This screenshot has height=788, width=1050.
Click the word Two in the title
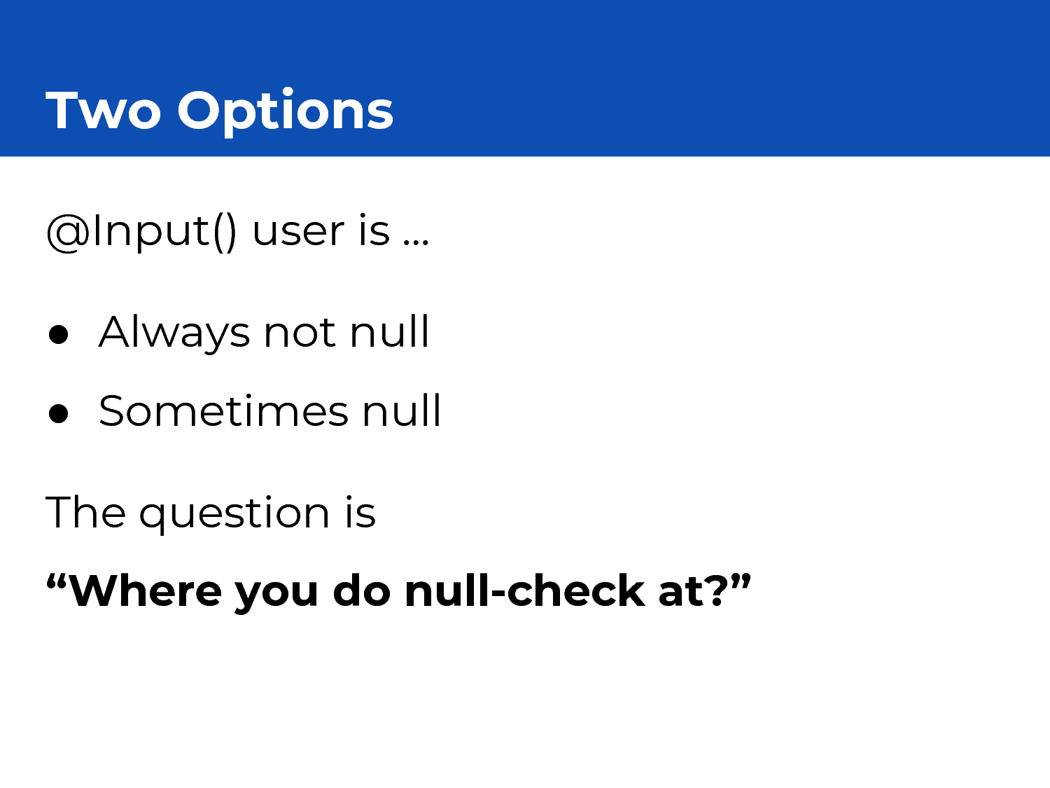click(x=104, y=110)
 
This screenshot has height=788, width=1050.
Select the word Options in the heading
click(x=286, y=113)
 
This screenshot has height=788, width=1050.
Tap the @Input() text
click(x=141, y=233)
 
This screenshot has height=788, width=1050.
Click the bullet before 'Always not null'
click(x=58, y=334)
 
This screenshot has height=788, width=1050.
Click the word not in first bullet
click(x=300, y=333)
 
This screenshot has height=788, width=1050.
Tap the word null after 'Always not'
click(x=389, y=331)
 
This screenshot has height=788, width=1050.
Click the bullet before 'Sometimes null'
click(x=58, y=413)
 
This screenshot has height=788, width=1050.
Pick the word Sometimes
click(x=223, y=410)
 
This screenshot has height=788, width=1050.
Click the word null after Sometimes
click(x=401, y=410)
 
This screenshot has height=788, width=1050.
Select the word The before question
click(x=86, y=513)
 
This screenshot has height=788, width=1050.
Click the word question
click(x=234, y=515)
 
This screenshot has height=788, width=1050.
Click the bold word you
click(x=276, y=596)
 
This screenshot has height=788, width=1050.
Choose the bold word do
click(x=362, y=591)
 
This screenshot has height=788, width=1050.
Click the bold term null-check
click(x=525, y=591)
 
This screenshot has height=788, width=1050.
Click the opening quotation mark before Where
click(x=56, y=581)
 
